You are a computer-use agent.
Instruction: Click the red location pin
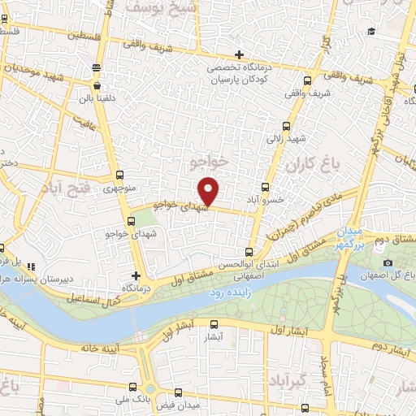click(210, 191)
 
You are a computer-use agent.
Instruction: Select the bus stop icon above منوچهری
click(121, 175)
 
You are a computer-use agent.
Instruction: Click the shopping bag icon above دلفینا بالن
click(97, 84)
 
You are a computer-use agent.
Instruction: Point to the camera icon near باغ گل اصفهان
click(388, 263)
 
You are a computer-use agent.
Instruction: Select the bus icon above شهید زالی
click(285, 126)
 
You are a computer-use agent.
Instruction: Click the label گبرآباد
click(290, 380)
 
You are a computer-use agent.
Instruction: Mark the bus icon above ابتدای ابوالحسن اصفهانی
click(249, 252)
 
